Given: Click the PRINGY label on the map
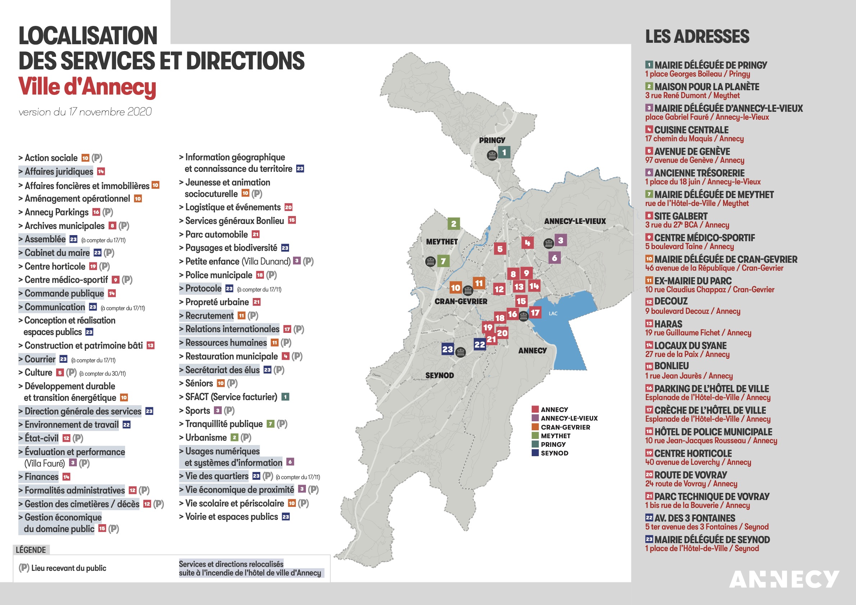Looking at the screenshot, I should [492, 140].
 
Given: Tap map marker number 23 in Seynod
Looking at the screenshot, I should [447, 349].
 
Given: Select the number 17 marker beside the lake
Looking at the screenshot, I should [535, 313].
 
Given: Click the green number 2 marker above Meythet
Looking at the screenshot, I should [453, 224].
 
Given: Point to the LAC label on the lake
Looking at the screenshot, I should [553, 313].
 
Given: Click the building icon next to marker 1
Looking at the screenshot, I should [492, 155].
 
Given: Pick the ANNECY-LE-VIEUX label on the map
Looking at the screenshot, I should [575, 221].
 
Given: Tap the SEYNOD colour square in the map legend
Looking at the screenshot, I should [535, 453].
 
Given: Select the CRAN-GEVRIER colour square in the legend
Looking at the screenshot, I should [535, 427].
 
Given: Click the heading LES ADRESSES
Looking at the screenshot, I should [697, 37].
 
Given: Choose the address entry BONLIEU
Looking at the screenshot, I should [671, 366].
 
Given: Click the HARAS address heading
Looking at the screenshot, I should [668, 324].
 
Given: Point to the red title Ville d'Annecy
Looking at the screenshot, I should [87, 87].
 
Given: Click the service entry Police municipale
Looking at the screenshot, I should [219, 275].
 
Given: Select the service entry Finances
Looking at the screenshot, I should [41, 477].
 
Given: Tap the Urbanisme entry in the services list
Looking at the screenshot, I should [206, 437].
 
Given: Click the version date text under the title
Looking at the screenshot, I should [85, 112].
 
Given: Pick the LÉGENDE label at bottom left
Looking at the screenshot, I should [31, 550].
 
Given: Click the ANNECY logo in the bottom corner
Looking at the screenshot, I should [784, 579].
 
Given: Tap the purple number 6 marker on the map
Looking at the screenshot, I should [554, 258].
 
